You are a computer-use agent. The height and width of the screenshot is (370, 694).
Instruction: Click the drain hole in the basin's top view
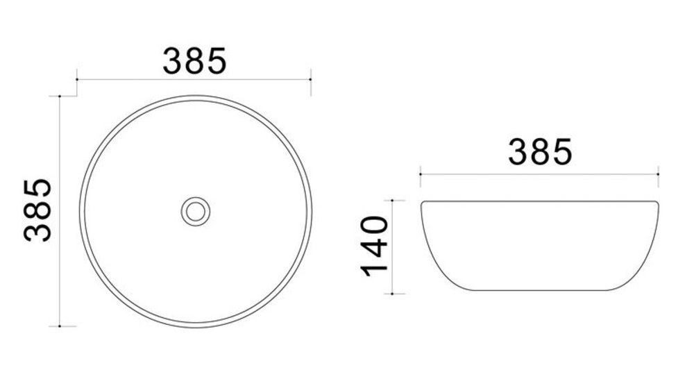pos(196,212)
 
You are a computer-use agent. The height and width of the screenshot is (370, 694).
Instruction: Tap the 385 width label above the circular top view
pos(195,60)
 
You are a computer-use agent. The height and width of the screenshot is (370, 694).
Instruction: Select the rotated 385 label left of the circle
pos(37,210)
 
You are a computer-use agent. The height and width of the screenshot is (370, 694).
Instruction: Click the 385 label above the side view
pos(540,152)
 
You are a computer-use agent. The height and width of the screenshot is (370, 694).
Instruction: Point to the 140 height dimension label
pos(375,246)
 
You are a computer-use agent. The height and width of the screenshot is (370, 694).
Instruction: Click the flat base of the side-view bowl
pos(539,290)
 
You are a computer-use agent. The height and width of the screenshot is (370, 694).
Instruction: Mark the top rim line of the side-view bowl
pos(539,201)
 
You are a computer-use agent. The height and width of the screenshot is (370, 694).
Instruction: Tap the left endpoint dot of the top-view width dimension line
pos(77,79)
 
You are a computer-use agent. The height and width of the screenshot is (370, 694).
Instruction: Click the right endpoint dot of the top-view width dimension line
pos(311,79)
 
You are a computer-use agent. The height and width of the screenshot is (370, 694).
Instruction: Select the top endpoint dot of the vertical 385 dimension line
pos(60,96)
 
